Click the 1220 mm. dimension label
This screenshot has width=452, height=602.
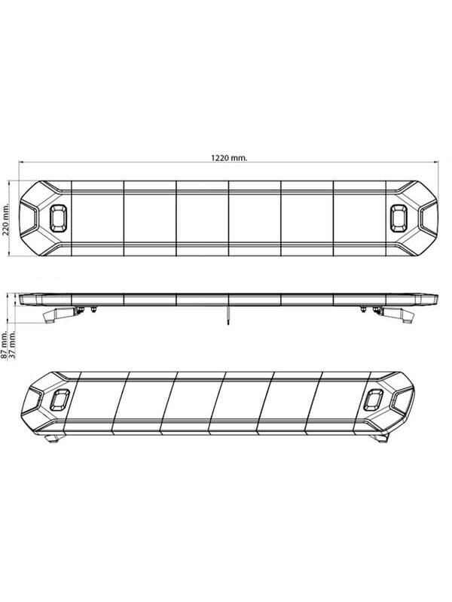(x=229, y=158)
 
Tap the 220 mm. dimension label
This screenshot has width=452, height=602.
(x=6, y=218)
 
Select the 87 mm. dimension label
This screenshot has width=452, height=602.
(x=5, y=346)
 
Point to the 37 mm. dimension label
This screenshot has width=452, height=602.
(x=13, y=346)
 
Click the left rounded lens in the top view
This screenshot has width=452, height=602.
(x=59, y=218)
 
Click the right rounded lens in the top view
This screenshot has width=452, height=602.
(x=399, y=218)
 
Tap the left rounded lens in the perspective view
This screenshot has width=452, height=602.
(x=60, y=400)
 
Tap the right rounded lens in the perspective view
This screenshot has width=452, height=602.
(x=373, y=400)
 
